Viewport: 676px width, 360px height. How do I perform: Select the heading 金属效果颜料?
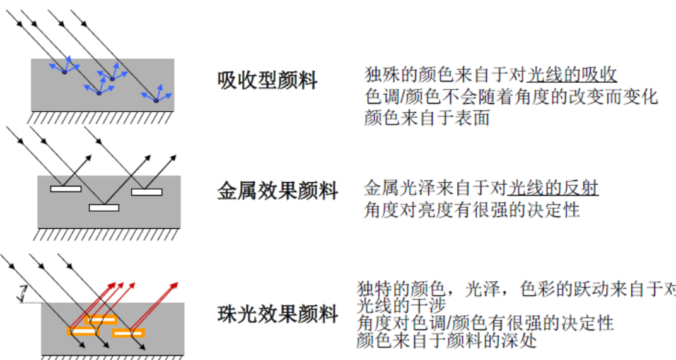277,190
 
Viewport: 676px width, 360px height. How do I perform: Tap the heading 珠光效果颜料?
277,313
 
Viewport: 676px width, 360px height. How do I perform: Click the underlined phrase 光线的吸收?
571,74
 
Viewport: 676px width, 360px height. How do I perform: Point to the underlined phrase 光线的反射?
553,187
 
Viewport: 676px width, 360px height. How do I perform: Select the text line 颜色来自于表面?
427,117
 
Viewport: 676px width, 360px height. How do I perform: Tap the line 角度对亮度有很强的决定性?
471,209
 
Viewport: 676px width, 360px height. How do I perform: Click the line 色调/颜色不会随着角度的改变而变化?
511,96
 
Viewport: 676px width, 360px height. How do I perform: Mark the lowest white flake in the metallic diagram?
103,207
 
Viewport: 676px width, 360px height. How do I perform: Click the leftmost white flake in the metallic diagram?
66,188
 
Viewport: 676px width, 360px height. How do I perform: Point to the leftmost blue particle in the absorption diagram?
64,71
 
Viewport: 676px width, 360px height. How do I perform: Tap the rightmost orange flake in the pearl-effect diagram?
129,333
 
